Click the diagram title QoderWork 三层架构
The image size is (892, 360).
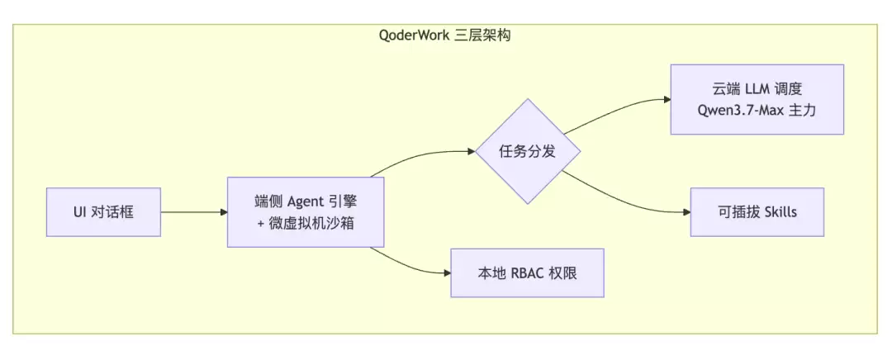(445, 36)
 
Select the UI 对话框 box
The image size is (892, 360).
(103, 212)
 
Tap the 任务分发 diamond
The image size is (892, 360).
(527, 151)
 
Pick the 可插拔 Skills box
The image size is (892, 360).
(757, 212)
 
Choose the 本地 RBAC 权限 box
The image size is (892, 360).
(527, 273)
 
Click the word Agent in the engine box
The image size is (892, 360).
(306, 201)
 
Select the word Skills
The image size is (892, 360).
(780, 212)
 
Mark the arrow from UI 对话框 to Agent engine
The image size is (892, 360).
(194, 212)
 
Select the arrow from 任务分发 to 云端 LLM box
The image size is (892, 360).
(614, 111)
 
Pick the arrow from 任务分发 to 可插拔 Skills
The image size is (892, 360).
(623, 198)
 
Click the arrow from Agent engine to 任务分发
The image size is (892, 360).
(421, 155)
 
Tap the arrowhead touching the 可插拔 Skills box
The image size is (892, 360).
(686, 212)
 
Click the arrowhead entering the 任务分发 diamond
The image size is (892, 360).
(471, 151)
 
